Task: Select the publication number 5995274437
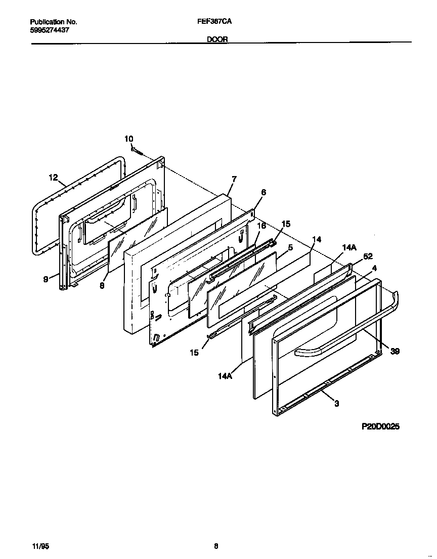50,30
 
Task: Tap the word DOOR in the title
217,39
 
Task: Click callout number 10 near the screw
129,139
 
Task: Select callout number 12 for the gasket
54,177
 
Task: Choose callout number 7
234,179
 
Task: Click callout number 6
264,192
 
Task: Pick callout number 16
261,226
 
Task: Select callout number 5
290,247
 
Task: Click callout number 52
368,256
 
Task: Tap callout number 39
395,352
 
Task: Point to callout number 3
336,403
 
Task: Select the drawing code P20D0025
380,426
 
